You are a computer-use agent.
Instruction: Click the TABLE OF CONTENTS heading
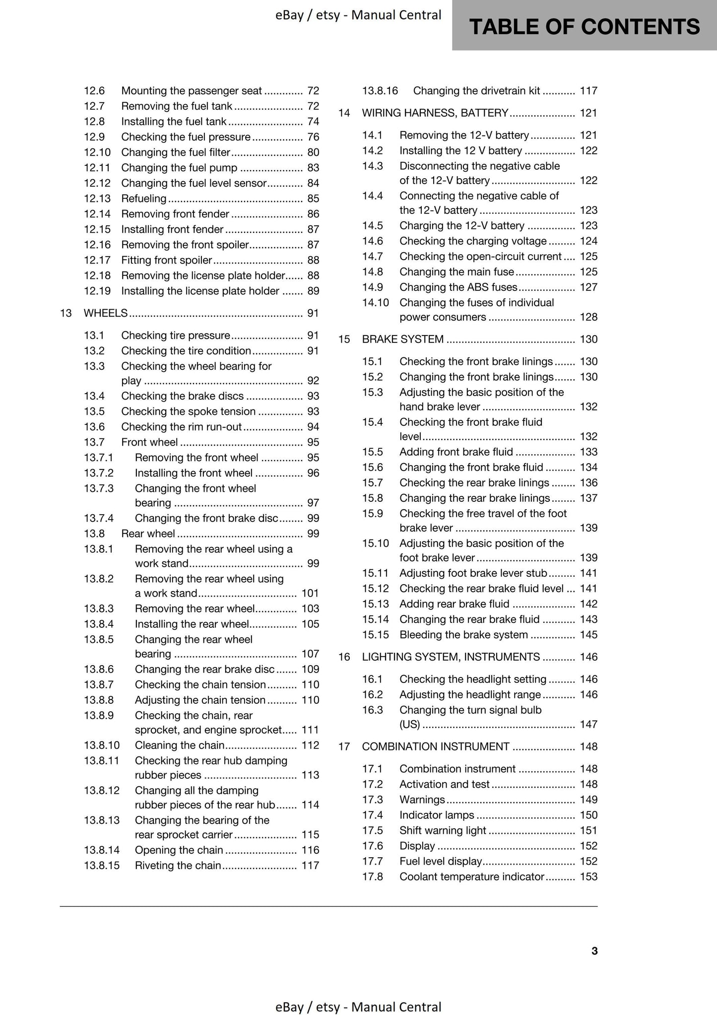(x=584, y=26)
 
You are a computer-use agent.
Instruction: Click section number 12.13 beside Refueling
(x=97, y=199)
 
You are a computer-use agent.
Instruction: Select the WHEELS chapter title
(x=106, y=313)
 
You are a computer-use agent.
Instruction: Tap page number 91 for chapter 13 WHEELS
(x=313, y=313)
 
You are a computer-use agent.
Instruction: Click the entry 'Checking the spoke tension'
(x=188, y=411)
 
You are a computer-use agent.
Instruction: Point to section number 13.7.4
(x=99, y=518)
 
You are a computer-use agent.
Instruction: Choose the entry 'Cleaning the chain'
(x=180, y=745)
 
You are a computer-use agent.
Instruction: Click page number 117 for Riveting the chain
(x=310, y=865)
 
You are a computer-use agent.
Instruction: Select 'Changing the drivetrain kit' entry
(x=476, y=91)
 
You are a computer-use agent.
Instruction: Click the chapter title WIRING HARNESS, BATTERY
(x=435, y=113)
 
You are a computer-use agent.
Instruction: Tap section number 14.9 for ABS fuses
(x=372, y=287)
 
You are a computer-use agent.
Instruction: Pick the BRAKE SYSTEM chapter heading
(x=402, y=339)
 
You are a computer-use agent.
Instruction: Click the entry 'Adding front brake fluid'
(x=456, y=452)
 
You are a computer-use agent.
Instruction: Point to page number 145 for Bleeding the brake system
(x=588, y=634)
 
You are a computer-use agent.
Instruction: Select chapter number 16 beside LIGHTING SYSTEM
(x=344, y=657)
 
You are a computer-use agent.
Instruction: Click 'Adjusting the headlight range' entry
(x=470, y=694)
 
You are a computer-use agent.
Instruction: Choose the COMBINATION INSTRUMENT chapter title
(x=435, y=746)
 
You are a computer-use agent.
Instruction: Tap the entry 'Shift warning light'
(x=443, y=830)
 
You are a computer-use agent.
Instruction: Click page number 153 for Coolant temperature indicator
(x=588, y=877)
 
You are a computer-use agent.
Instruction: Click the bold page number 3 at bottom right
(x=594, y=951)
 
